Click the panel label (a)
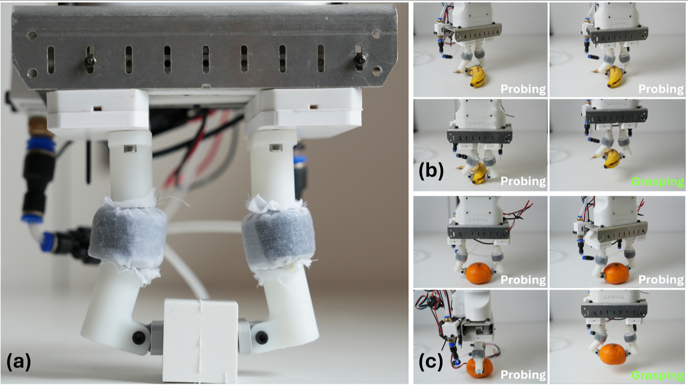coord(19,362)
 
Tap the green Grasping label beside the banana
coord(658,181)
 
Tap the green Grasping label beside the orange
coord(658,375)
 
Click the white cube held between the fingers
coord(201,340)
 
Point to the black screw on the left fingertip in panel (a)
coord(139,337)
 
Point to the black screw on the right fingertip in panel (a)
coord(261,337)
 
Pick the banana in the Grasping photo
coord(612,158)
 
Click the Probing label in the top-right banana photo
coord(661,89)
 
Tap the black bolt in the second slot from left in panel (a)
coord(90,61)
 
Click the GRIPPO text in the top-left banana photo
coord(479,22)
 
